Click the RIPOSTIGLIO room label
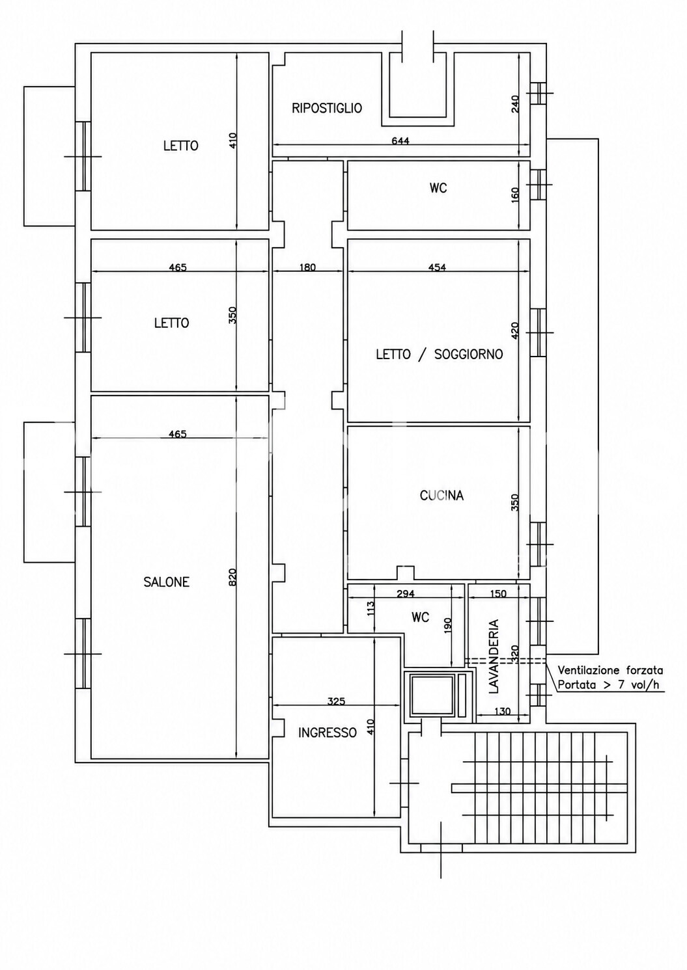[327, 108]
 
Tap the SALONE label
[167, 582]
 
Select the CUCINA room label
[442, 495]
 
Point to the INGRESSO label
[328, 733]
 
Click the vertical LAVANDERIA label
[494, 656]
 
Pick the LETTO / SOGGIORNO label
[440, 354]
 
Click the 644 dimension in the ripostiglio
[400, 141]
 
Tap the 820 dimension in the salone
[232, 577]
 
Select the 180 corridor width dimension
[307, 267]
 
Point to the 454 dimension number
[437, 267]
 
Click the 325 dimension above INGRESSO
[337, 701]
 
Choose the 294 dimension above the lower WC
[406, 594]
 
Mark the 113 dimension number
[370, 609]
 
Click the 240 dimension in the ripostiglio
[515, 104]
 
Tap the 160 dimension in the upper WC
[515, 195]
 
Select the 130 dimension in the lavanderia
[501, 711]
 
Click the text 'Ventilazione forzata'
[610, 671]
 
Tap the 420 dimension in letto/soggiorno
[515, 330]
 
